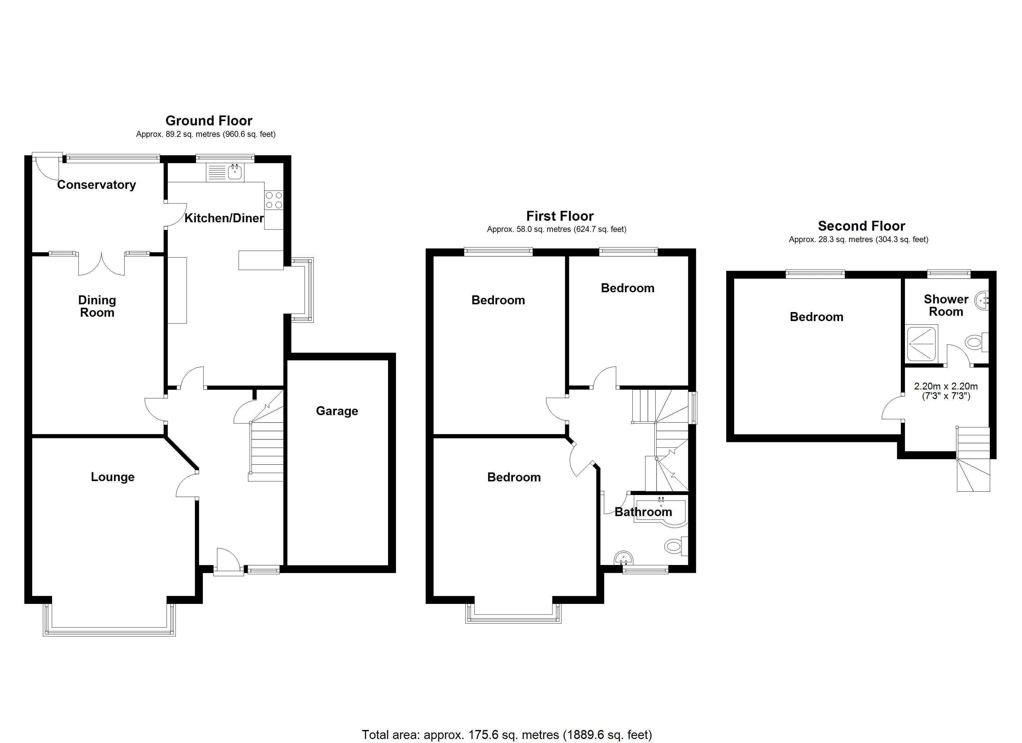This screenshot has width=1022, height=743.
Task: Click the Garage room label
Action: coord(337,411)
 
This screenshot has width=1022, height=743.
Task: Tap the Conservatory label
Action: coord(96,185)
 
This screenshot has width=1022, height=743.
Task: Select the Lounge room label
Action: coord(113,477)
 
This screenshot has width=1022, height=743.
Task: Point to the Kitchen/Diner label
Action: coord(224,218)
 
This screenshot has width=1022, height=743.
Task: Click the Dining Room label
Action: coord(97,306)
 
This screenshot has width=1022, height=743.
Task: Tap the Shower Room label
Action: coord(946,306)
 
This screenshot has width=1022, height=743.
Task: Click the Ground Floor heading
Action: coord(209,121)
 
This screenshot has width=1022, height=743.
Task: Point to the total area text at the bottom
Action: coord(507,735)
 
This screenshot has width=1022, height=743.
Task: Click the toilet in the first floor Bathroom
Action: coord(675,546)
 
